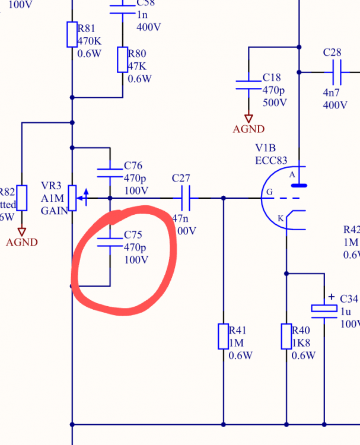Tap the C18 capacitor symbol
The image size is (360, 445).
click(248, 85)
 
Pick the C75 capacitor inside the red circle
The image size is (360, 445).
click(110, 241)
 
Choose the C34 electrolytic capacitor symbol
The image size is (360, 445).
click(324, 310)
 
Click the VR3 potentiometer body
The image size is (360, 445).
click(72, 198)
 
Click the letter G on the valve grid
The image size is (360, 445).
click(269, 192)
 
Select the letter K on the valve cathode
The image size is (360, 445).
click(280, 219)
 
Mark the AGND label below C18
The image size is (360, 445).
click(249, 129)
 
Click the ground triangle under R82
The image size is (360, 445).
click(22, 231)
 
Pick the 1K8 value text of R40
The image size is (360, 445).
click(301, 344)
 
